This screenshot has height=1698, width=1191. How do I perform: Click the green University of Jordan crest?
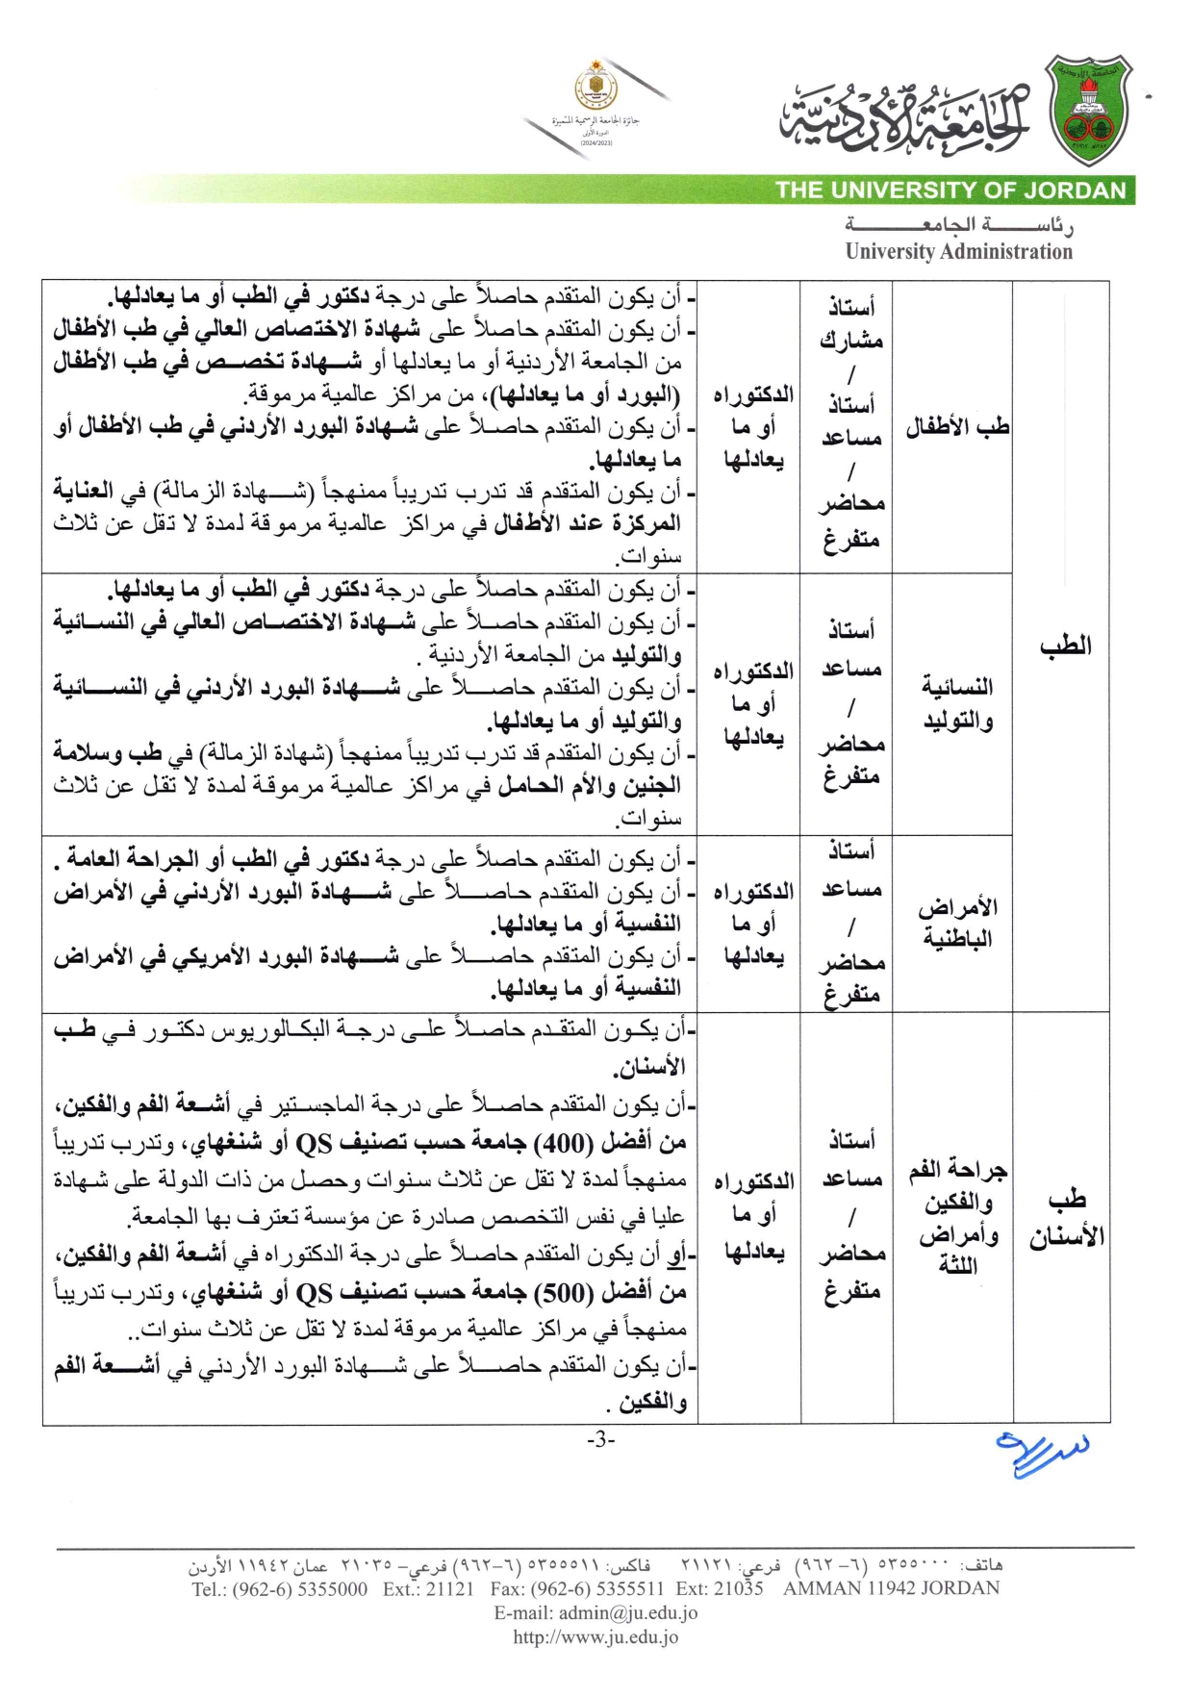tap(1088, 110)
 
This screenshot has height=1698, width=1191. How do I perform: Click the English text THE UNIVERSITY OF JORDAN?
tap(950, 190)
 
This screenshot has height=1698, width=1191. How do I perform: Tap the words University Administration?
tap(958, 252)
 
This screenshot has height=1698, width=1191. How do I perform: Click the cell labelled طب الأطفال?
tap(956, 426)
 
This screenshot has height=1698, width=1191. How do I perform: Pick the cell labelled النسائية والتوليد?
tap(956, 703)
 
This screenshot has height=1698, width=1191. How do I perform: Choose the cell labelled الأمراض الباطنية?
tap(956, 923)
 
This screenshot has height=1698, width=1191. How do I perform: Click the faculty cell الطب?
tap(1065, 646)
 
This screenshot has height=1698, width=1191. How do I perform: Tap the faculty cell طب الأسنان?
tap(1065, 1218)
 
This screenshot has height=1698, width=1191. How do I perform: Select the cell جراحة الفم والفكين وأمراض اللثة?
tap(956, 1218)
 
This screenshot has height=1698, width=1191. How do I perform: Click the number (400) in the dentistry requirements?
tap(563, 1143)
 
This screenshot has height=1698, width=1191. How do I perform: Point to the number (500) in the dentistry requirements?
tap(563, 1292)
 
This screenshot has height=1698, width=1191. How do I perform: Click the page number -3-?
tap(600, 1440)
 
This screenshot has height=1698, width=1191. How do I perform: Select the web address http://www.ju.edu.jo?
tap(595, 1636)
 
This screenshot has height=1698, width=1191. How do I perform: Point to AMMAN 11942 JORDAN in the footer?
tap(891, 1589)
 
